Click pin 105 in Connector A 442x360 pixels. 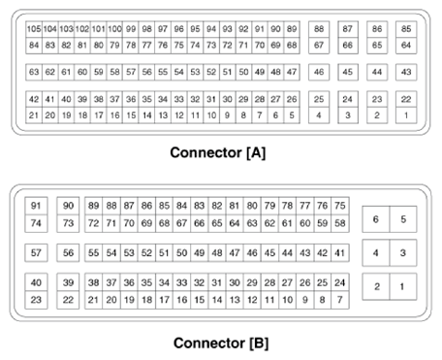(34, 30)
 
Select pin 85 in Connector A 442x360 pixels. (406, 30)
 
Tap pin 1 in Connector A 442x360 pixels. (406, 115)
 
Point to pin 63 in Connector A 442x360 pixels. (34, 73)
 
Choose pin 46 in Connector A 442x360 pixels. (319, 73)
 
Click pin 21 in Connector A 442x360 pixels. (34, 115)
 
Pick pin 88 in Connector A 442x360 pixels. (319, 30)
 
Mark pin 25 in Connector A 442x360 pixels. (319, 100)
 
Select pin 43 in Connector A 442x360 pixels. (406, 73)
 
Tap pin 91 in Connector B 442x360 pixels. (37, 206)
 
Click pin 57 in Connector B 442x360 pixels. (37, 253)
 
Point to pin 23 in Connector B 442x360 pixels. (37, 300)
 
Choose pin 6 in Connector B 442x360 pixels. (376, 219)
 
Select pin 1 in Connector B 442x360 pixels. (404, 286)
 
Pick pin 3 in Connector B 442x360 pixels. (404, 253)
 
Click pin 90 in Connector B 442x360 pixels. (68, 206)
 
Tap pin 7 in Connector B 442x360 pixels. (339, 300)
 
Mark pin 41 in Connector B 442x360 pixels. (339, 253)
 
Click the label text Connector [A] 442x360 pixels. (218, 152)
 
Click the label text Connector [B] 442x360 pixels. (218, 343)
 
